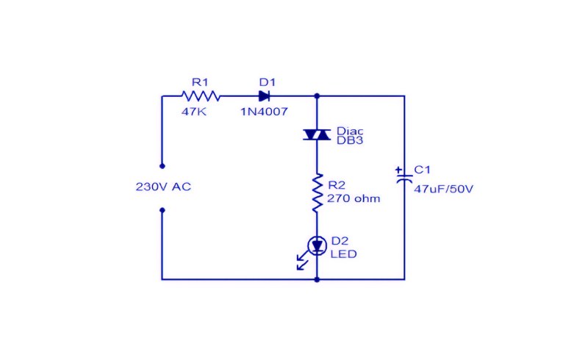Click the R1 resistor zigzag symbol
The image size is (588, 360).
(201, 96)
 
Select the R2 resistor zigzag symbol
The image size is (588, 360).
(318, 192)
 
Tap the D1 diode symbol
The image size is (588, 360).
(264, 96)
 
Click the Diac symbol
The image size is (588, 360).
(317, 134)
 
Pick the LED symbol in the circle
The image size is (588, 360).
(317, 246)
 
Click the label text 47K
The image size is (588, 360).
(194, 112)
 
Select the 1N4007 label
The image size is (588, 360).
(264, 112)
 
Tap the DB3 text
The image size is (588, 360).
(350, 140)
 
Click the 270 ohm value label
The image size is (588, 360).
(354, 198)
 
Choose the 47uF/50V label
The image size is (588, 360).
(443, 189)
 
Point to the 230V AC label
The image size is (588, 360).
(163, 187)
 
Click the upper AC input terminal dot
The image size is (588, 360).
(162, 166)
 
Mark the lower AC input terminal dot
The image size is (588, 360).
(162, 210)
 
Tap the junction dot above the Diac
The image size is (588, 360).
(317, 96)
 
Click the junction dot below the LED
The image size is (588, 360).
(317, 279)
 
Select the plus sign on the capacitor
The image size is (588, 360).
(398, 170)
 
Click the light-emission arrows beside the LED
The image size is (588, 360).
(302, 261)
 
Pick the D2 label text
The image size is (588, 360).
(340, 241)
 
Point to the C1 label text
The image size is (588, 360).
(422, 170)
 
